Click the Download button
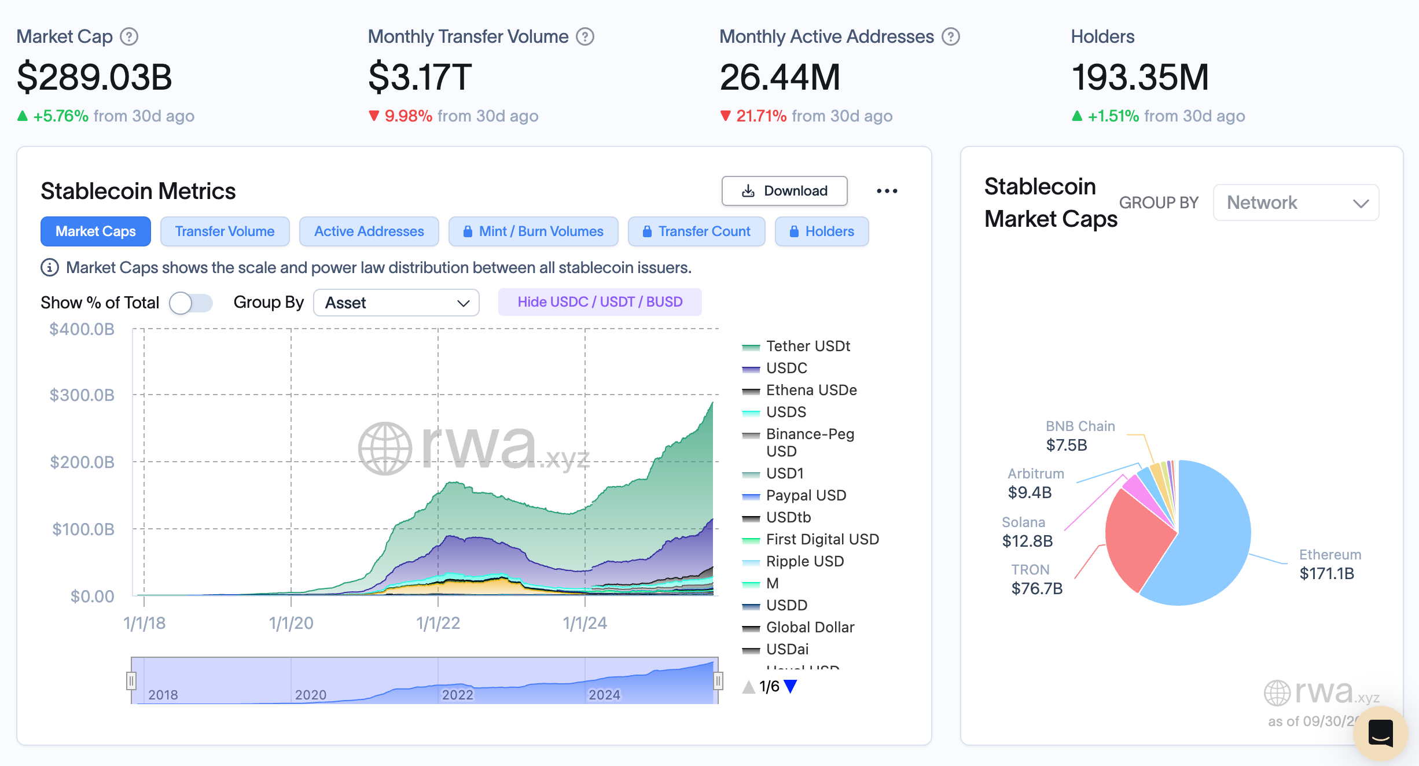(784, 191)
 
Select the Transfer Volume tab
(225, 231)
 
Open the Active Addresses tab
(369, 231)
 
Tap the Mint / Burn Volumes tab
(533, 231)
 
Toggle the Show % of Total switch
(191, 303)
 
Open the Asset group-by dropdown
(396, 303)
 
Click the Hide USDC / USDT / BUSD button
(600, 302)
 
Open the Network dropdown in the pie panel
(1296, 202)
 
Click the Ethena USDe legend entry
(811, 390)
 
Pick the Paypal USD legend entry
(806, 495)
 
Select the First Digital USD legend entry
(822, 539)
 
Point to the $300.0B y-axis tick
(82, 395)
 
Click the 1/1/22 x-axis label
(438, 623)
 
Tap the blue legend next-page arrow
(791, 686)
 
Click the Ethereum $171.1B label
(1329, 565)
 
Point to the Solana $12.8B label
(1027, 532)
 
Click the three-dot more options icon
(887, 191)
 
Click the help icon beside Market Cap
(128, 36)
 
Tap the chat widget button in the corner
(1380, 733)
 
